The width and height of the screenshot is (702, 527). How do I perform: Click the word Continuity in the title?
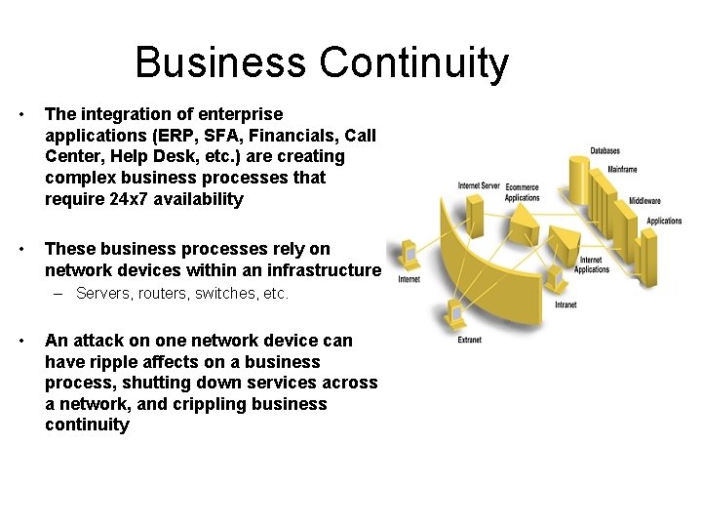[x=413, y=62]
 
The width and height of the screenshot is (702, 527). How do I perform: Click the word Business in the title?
[x=222, y=62]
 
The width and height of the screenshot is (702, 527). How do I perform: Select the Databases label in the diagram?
[x=604, y=151]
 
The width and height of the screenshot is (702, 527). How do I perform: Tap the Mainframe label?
[x=622, y=170]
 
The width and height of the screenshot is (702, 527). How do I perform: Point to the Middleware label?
[x=644, y=201]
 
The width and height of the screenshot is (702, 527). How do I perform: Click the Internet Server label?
[x=479, y=185]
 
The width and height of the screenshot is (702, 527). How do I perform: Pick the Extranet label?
[x=469, y=340]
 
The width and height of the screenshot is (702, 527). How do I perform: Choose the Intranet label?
[x=565, y=304]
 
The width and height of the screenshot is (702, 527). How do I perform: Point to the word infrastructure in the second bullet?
[x=327, y=269]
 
